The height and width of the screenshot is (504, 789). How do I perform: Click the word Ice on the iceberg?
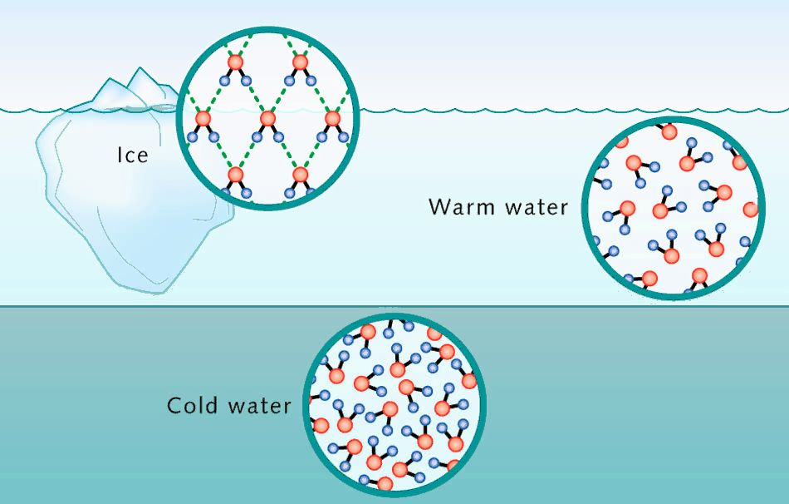coord(132,154)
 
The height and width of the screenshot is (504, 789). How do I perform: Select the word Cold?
coord(196,405)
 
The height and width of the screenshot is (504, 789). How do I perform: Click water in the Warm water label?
coord(535,206)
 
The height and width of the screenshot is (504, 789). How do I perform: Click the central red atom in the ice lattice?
coord(267,120)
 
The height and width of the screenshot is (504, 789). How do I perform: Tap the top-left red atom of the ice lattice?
coord(235,63)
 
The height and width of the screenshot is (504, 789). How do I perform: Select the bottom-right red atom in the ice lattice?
coord(301,175)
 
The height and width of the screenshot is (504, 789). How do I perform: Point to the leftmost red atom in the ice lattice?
coord(202,120)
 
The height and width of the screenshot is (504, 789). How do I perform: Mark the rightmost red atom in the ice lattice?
coord(333,120)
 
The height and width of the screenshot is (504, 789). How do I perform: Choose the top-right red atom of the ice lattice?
coord(301,63)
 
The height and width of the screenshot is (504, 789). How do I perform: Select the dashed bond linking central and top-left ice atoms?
coord(251,91)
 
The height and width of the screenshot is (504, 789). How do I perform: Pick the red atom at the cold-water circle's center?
coord(406,388)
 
